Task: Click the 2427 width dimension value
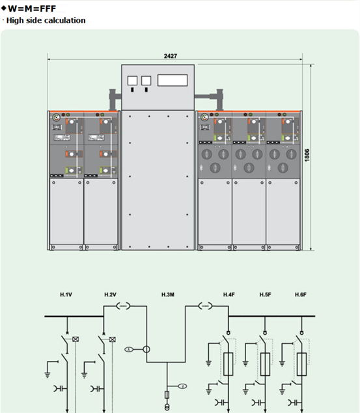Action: click(171, 56)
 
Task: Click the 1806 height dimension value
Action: click(307, 155)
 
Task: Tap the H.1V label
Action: click(66, 294)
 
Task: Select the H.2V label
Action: click(110, 294)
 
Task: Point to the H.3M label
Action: click(168, 294)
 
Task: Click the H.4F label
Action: click(229, 294)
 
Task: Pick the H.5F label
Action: click(265, 294)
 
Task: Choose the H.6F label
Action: click(301, 294)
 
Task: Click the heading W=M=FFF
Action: click(32, 8)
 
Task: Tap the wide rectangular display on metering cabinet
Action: click(173, 80)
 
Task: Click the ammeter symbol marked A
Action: click(129, 350)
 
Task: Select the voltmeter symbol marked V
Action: click(183, 386)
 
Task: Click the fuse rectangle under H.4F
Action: click(228, 364)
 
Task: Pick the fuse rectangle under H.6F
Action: click(301, 364)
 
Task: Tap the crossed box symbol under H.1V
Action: click(76, 339)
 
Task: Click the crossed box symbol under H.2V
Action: click(113, 339)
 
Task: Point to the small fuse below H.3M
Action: click(167, 395)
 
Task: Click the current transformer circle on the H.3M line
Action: click(146, 350)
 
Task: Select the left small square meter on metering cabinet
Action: click(132, 81)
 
